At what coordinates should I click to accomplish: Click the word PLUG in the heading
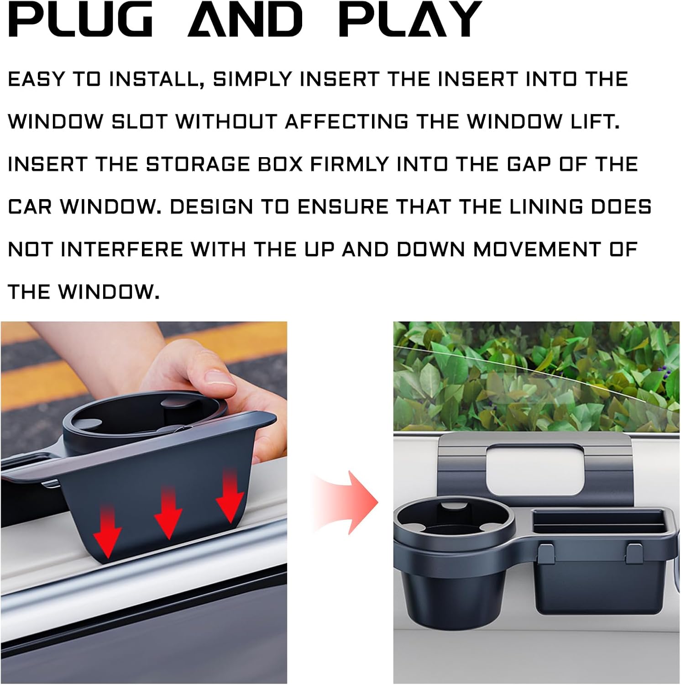point(80,19)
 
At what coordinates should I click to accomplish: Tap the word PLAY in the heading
point(410,19)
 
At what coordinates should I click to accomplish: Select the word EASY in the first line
point(37,79)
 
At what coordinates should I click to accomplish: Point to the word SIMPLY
point(252,79)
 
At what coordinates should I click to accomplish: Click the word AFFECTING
point(346,122)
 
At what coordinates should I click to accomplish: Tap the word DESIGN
point(211,207)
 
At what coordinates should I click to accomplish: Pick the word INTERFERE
point(121,249)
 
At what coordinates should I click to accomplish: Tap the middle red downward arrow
point(168,512)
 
